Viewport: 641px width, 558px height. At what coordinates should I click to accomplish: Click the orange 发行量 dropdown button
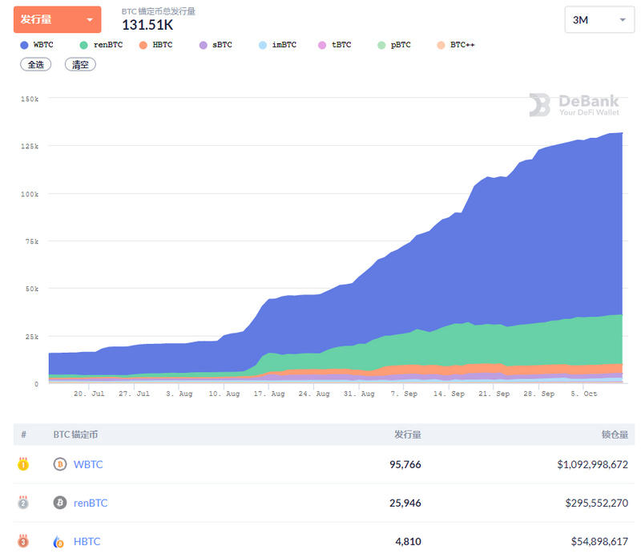pos(57,19)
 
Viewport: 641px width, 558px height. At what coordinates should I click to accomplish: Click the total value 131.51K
pos(147,25)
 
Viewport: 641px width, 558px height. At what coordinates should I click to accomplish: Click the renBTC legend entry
pos(102,45)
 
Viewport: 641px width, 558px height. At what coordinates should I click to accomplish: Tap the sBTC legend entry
pos(216,45)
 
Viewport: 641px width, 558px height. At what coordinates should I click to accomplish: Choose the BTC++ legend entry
pos(457,45)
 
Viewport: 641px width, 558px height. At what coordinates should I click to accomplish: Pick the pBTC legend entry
pos(394,45)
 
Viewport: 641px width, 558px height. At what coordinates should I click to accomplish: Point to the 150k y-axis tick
pos(30,99)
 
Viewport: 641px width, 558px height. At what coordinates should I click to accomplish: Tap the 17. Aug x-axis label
pos(272,394)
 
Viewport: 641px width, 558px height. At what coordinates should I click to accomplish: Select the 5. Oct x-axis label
pos(584,394)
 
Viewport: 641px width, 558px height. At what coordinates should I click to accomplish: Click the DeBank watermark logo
pos(574,105)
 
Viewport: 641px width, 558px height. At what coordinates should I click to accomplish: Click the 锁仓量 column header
pos(615,435)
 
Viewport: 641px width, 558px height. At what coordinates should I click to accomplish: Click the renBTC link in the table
pos(91,503)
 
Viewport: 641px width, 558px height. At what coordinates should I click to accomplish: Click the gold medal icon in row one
pos(23,464)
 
